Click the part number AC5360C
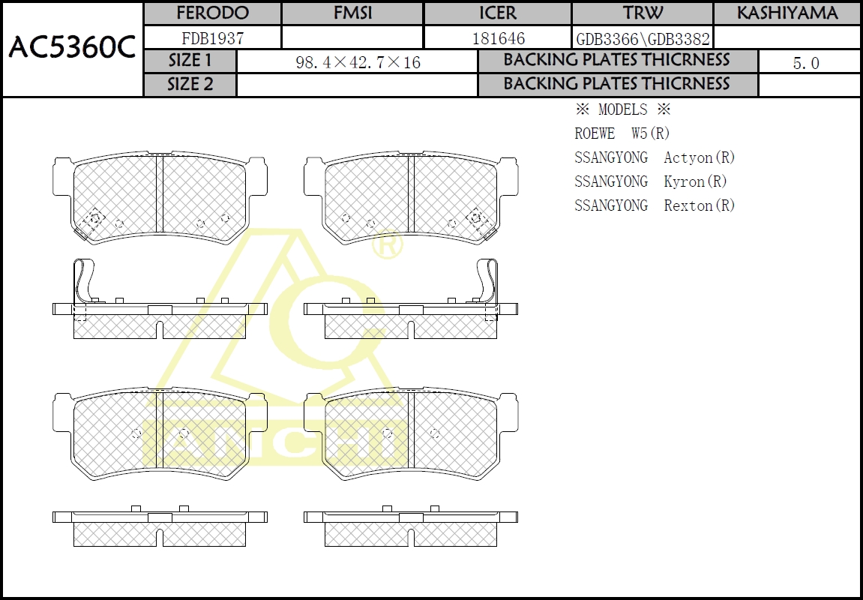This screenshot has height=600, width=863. (72, 48)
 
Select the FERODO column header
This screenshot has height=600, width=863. (212, 13)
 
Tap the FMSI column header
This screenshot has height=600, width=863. (352, 13)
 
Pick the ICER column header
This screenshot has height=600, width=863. (498, 13)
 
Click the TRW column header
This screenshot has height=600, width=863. (643, 13)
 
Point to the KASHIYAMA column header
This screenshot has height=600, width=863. (787, 13)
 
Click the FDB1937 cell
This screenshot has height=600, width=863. (212, 38)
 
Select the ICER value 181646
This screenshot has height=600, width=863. (498, 38)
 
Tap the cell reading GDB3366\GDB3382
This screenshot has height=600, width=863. (643, 39)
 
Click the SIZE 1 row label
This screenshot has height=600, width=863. (190, 61)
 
